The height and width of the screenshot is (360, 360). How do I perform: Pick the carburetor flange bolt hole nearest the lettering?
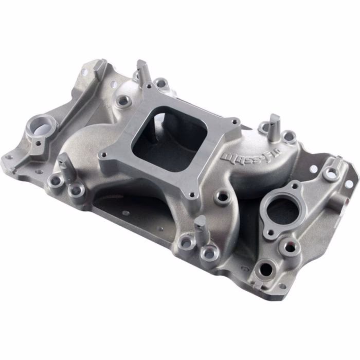click(236, 122)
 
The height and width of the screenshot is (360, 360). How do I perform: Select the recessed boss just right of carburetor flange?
click(222, 196)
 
